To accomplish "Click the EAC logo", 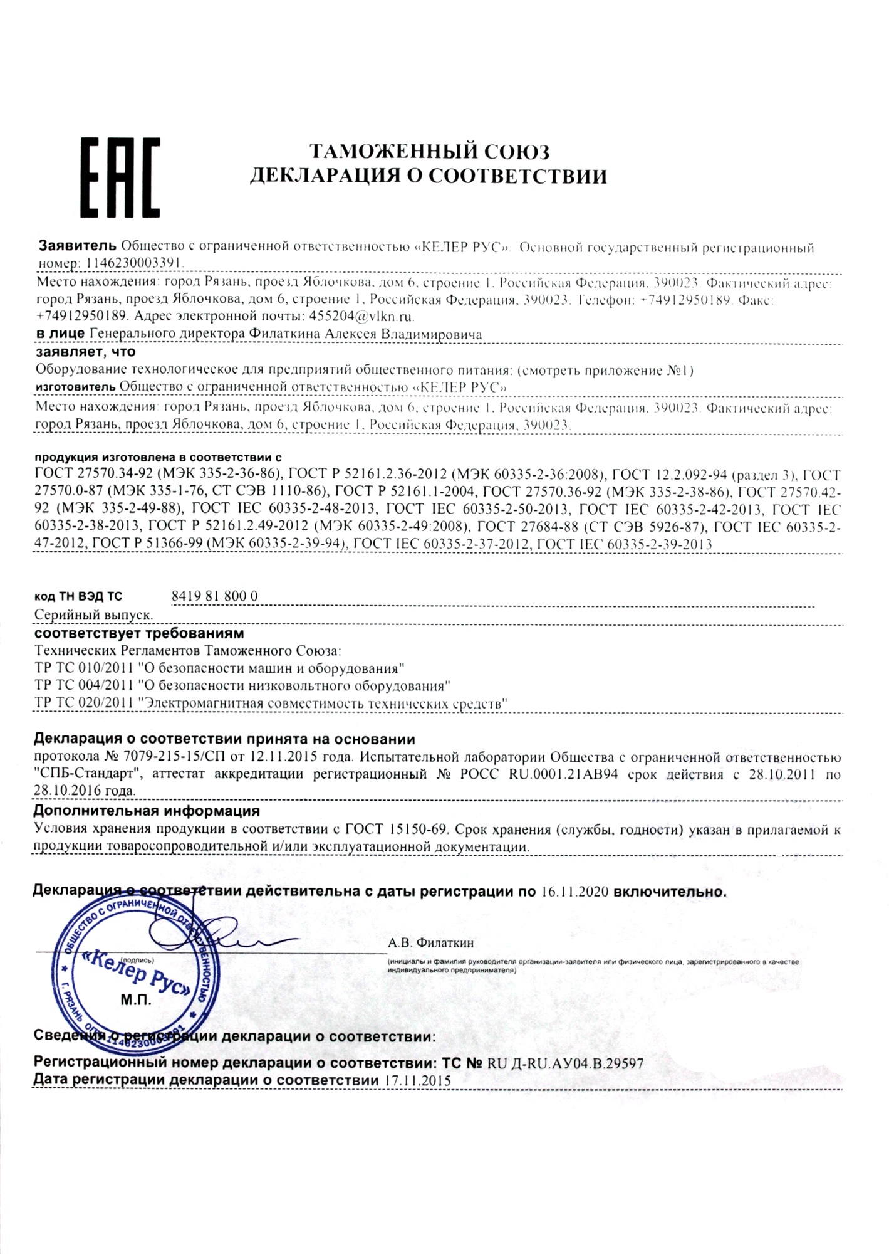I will click(x=120, y=177).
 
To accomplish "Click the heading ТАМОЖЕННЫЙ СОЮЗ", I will click(x=430, y=152).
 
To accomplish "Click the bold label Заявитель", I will click(x=78, y=245).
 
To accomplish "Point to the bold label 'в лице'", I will click(x=60, y=334).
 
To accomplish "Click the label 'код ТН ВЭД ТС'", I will click(x=78, y=597).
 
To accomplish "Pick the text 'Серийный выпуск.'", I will click(x=94, y=615).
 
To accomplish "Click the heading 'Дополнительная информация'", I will click(x=146, y=811).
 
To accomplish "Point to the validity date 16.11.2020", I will click(x=574, y=892).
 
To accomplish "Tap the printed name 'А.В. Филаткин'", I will click(x=431, y=942).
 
